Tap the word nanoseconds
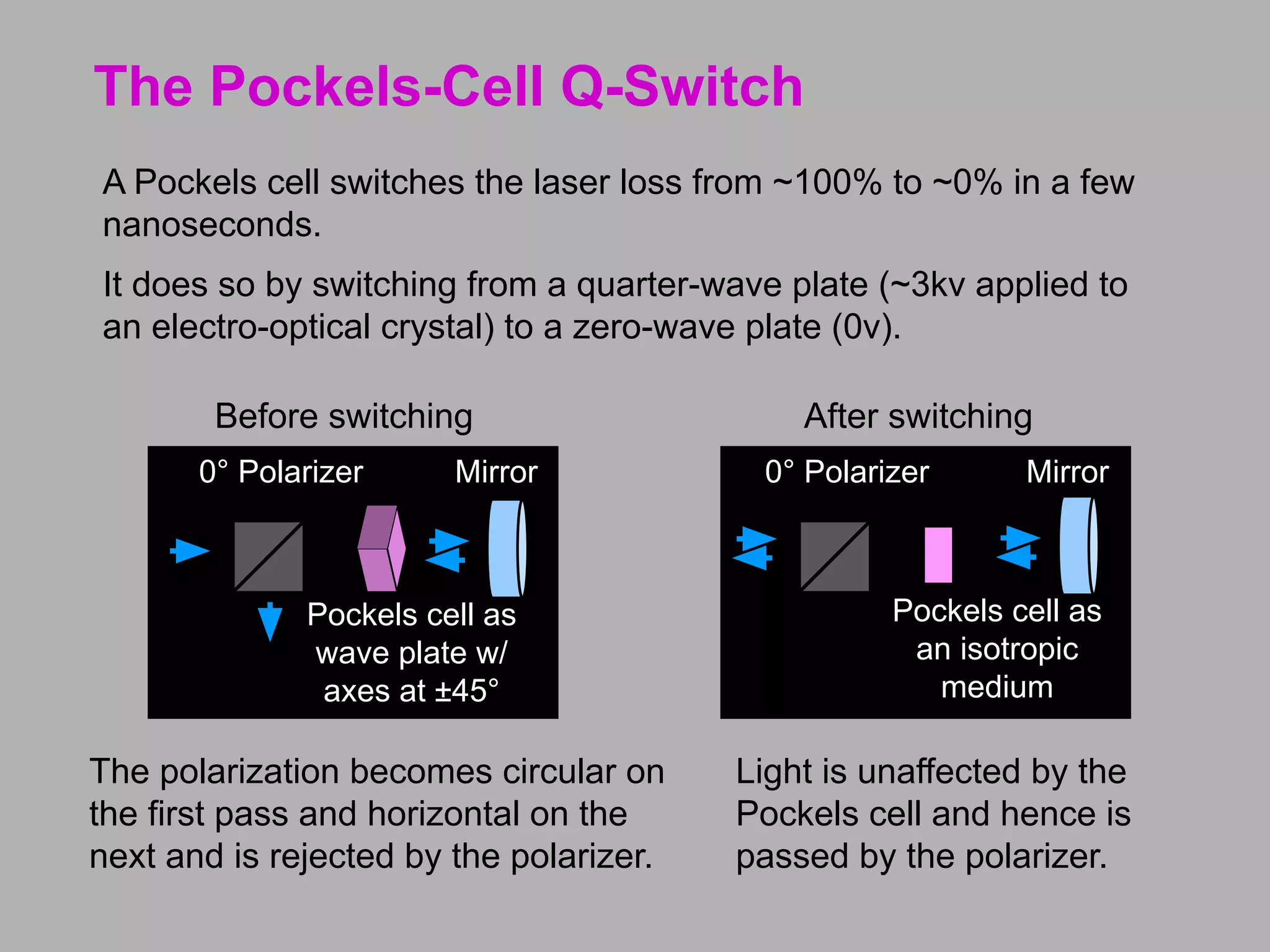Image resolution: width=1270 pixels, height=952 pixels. tap(211, 224)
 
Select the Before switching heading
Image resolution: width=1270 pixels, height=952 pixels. tap(344, 416)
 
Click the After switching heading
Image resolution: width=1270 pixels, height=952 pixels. tap(918, 416)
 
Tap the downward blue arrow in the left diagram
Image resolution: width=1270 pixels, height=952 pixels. tap(270, 622)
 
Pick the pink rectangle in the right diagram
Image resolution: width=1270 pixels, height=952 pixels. tap(938, 555)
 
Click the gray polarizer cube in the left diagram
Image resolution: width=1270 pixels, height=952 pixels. tap(269, 556)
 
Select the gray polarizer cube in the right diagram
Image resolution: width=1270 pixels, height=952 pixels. tap(835, 556)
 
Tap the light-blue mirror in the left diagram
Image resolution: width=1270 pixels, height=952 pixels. tap(507, 549)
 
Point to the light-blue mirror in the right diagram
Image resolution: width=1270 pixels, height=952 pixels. tap(1078, 545)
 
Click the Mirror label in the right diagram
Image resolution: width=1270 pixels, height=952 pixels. tap(1067, 472)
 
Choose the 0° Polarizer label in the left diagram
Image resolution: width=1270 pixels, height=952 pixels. tap(281, 472)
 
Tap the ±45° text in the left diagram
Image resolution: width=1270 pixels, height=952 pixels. tap(466, 691)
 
